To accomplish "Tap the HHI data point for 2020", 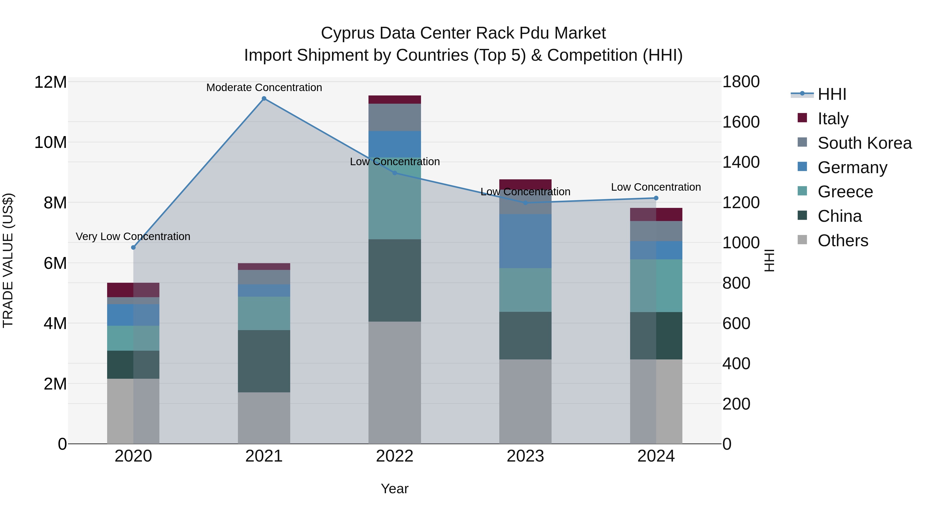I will coord(133,247).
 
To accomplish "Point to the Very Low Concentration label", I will coord(133,237).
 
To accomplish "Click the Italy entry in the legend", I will coord(833,119).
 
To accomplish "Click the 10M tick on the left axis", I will coord(50,142).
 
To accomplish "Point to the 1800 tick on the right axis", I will coord(741,82).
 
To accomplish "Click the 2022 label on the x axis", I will coord(394,456).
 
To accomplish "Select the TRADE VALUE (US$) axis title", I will coord(8,260).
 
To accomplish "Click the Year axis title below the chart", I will coord(394,489).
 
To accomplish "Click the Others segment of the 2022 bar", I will coord(394,382).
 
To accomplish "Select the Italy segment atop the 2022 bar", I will coord(394,100).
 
